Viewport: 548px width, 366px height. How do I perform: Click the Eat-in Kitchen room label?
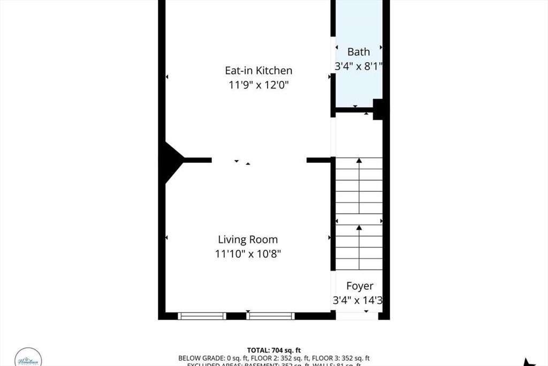[x=258, y=70]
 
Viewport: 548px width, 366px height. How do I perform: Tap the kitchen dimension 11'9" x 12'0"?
[x=258, y=85]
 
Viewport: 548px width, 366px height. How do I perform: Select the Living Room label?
[x=247, y=240]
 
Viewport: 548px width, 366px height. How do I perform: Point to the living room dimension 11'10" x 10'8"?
[x=247, y=253]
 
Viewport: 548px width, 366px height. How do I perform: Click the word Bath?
[x=359, y=52]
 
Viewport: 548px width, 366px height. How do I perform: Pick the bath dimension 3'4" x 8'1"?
[x=359, y=66]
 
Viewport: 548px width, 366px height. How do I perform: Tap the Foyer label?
[x=359, y=286]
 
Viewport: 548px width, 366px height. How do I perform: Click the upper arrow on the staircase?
[x=359, y=160]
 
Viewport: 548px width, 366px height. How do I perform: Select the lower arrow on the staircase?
[x=359, y=228]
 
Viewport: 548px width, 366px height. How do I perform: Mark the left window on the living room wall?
[x=202, y=316]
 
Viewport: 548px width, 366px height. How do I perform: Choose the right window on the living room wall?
[x=270, y=316]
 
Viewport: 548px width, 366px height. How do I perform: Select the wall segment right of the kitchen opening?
[x=318, y=160]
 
